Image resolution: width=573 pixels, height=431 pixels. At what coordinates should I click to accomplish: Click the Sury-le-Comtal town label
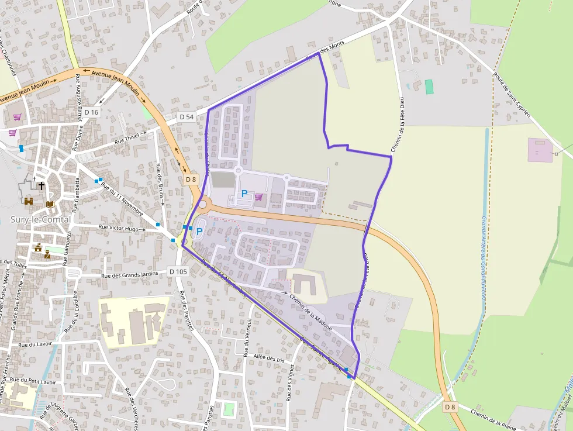41,219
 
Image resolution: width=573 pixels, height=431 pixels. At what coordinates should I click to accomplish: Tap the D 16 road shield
92,112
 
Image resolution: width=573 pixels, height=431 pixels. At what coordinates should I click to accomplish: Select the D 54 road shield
187,117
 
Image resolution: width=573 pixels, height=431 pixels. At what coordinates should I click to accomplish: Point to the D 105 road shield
178,271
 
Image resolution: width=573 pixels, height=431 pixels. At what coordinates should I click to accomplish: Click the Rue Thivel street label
128,139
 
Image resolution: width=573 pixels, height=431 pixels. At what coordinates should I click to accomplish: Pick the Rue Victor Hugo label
119,228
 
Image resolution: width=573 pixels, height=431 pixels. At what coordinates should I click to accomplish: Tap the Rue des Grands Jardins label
130,275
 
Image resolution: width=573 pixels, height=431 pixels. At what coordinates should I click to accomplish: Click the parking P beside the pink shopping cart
244,194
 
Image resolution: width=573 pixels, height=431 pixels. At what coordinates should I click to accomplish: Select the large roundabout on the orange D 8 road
203,204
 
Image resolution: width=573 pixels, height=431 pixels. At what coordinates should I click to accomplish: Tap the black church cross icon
41,185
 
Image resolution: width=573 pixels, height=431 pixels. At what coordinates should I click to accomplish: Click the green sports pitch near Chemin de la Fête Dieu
430,87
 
